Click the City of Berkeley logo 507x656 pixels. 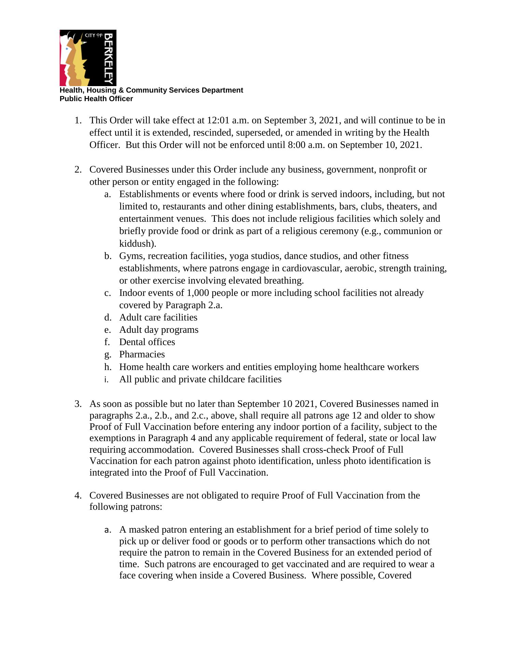[88, 58]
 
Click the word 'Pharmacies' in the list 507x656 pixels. [142, 355]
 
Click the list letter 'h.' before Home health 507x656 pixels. [108, 367]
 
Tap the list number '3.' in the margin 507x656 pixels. [78, 404]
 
